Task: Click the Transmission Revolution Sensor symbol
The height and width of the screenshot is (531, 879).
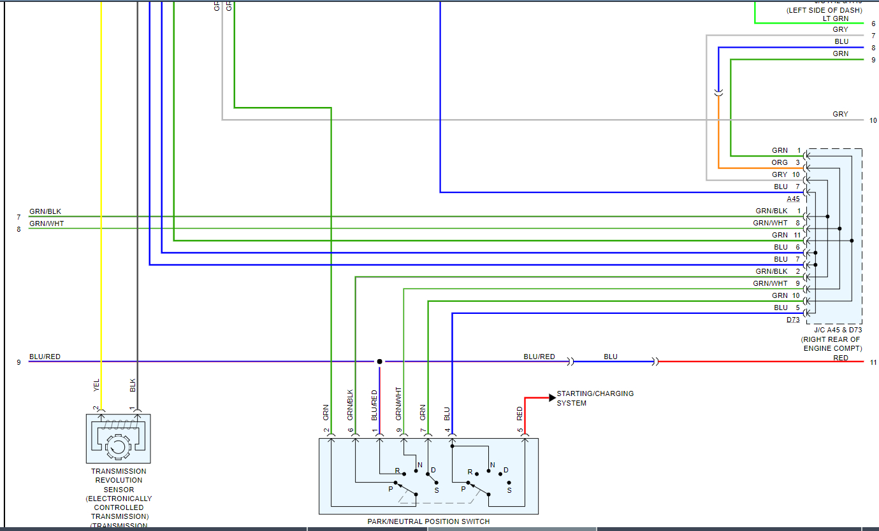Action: click(118, 439)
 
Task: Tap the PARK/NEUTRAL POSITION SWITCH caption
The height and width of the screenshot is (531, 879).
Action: click(428, 521)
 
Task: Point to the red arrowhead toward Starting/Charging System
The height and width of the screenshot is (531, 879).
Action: click(551, 397)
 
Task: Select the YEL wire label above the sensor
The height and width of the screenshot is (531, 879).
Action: click(97, 385)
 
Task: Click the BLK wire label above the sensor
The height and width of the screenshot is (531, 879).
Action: click(133, 385)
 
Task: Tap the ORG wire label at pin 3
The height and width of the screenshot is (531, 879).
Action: click(780, 162)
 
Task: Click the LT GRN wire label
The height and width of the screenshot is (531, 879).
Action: click(835, 18)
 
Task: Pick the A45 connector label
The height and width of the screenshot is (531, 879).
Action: click(793, 199)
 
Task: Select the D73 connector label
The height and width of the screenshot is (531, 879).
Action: click(793, 320)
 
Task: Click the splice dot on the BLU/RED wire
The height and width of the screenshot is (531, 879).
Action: click(380, 362)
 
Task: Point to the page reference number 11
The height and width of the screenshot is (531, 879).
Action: click(873, 362)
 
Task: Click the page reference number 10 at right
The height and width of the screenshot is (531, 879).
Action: click(873, 120)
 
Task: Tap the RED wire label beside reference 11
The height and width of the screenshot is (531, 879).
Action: click(841, 358)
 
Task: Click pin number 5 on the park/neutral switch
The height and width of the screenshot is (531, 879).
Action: click(520, 431)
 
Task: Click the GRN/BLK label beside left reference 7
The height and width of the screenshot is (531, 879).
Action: click(45, 211)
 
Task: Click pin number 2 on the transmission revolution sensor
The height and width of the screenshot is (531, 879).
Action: click(96, 408)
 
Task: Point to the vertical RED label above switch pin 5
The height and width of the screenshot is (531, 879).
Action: click(519, 413)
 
